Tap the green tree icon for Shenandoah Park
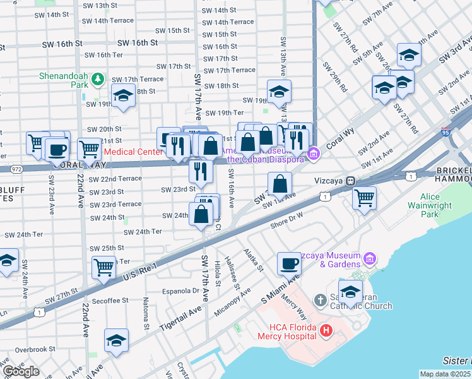pyautogui.click(x=97, y=79)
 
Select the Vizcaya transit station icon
pyautogui.click(x=350, y=180)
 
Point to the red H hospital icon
pyautogui.click(x=326, y=329)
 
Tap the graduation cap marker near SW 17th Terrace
pyautogui.click(x=122, y=96)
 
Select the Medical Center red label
pyautogui.click(x=133, y=152)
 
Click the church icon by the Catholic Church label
pyautogui.click(x=321, y=299)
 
